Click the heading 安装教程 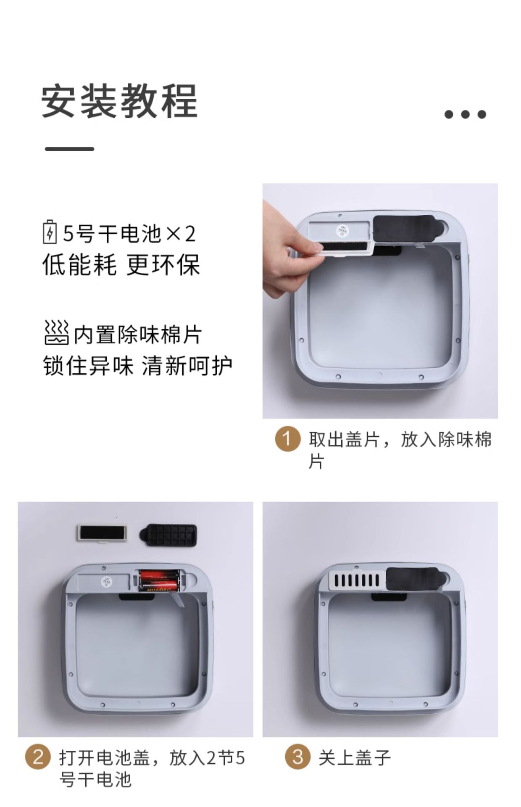tap(120, 101)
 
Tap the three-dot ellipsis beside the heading tap(465, 114)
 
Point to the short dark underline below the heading tap(69, 149)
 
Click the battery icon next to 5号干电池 tap(50, 232)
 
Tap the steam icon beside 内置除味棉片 tap(56, 332)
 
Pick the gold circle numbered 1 tap(288, 439)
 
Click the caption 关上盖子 tap(355, 757)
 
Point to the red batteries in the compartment tap(158, 580)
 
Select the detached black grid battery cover tap(168, 535)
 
